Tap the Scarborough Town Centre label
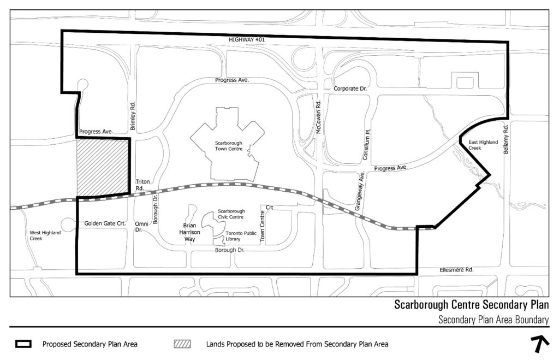(x=228, y=145)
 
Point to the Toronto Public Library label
(x=241, y=236)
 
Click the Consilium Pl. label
(x=367, y=144)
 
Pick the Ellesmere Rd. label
(x=456, y=270)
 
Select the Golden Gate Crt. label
(x=105, y=224)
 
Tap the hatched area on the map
(x=103, y=166)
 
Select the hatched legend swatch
(x=182, y=344)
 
